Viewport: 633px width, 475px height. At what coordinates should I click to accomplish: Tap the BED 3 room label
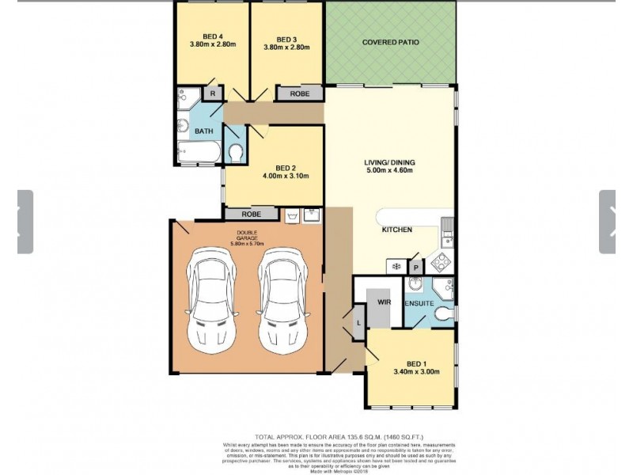click(x=286, y=40)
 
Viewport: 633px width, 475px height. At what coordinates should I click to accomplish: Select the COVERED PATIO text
click(x=390, y=42)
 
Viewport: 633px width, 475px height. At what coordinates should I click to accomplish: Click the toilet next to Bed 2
click(x=234, y=151)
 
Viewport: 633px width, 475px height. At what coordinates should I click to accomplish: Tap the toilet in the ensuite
click(x=444, y=315)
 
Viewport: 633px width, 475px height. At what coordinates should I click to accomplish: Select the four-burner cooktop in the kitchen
click(x=441, y=262)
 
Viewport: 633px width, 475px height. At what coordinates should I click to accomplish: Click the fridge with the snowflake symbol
click(x=393, y=267)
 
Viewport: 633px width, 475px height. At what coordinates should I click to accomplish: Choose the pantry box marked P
click(x=414, y=267)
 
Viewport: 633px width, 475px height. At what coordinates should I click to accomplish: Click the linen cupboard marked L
click(x=358, y=322)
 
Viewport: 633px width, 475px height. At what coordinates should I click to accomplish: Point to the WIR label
click(x=385, y=302)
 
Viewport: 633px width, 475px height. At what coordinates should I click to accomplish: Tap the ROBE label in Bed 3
click(x=299, y=93)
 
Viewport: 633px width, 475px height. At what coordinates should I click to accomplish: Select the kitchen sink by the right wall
click(x=447, y=230)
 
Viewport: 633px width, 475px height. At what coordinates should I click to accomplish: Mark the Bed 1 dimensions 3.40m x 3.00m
click(x=416, y=371)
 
